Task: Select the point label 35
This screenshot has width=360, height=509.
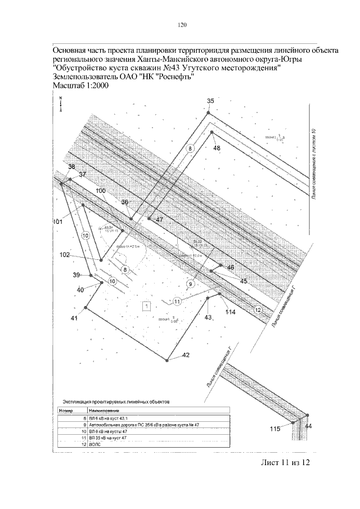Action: [211, 101]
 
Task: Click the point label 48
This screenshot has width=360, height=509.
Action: [217, 147]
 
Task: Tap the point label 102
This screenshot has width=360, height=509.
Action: [65, 255]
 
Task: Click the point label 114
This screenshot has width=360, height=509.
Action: [229, 312]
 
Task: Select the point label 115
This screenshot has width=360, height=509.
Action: [274, 429]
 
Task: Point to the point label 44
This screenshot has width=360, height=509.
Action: [308, 427]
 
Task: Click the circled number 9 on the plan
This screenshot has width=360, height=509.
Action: [191, 283]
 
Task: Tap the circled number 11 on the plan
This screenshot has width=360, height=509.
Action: [177, 301]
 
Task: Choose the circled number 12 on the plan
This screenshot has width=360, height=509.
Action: [258, 310]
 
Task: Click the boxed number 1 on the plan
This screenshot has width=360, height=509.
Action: [146, 307]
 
